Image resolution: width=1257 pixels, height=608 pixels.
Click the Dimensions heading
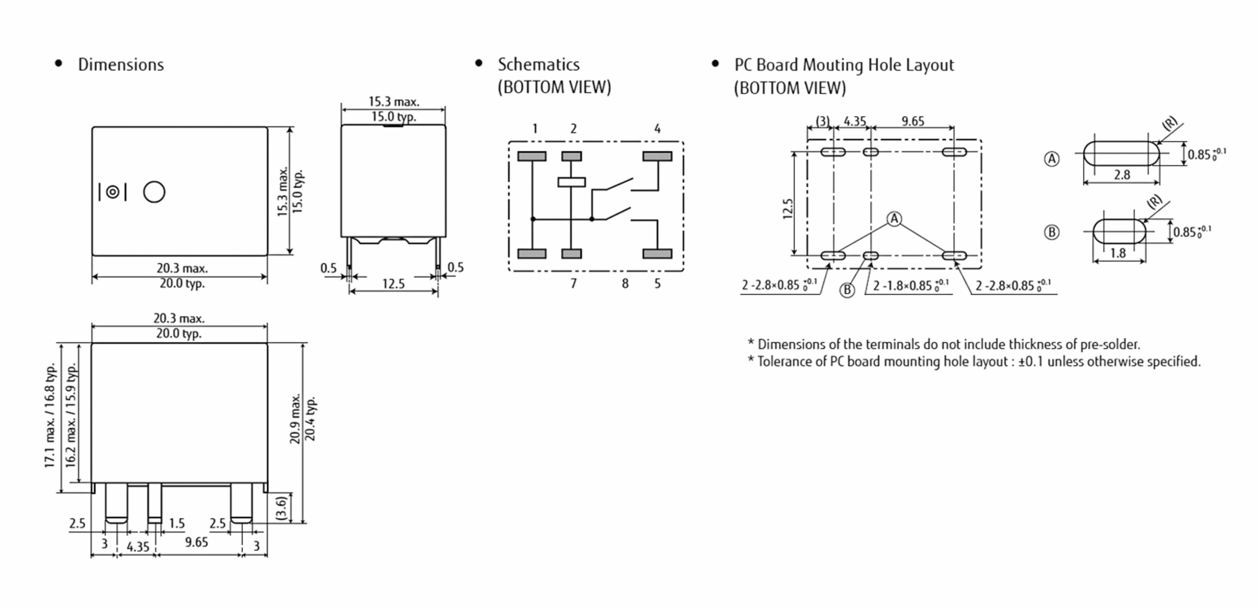coord(120,65)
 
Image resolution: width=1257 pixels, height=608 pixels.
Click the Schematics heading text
coord(538,64)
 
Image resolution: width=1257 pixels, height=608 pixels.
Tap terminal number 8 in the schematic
coord(625,284)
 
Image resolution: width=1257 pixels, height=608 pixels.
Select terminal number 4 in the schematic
coord(657,129)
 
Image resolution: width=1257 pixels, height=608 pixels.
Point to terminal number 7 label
coord(574,284)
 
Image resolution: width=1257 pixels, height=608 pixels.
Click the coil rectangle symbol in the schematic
coord(571,182)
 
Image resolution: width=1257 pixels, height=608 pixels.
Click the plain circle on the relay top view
coord(154,192)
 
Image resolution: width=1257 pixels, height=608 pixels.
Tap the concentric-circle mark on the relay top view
coord(113,192)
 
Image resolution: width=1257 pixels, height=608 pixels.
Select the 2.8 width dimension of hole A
coord(1122,175)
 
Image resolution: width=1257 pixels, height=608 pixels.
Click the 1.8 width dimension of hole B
coord(1118,253)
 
